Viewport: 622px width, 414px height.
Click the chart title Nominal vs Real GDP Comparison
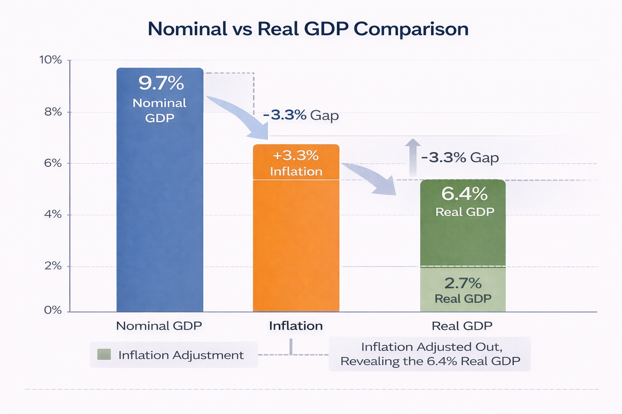point(308,29)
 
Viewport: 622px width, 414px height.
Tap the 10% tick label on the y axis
point(51,60)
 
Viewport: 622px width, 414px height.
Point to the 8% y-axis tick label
point(53,112)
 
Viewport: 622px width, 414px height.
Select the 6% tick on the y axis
point(53,163)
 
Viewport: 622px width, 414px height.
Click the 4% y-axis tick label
point(53,215)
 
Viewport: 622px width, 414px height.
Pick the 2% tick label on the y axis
point(53,266)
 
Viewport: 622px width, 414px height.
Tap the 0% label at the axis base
point(53,310)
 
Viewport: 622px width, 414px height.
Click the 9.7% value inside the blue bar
point(161,83)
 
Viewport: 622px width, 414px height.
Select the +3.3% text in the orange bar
point(296,156)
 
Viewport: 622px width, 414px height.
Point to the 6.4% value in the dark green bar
point(464,194)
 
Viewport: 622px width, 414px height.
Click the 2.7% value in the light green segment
point(463,283)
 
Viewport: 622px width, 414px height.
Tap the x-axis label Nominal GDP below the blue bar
point(159,326)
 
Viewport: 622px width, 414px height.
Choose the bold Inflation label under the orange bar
point(296,326)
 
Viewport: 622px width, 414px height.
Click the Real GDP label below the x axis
point(462,326)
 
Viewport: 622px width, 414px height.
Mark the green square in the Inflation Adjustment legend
point(104,355)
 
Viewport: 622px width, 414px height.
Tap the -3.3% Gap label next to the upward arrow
point(460,157)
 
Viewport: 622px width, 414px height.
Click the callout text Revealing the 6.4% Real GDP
point(430,361)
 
